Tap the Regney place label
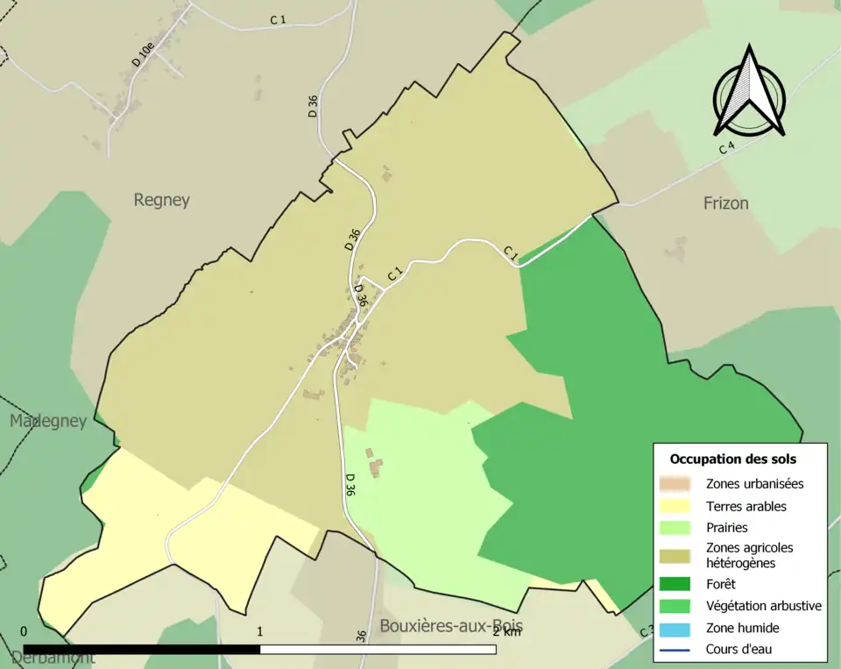click(x=161, y=200)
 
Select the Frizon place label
click(x=725, y=203)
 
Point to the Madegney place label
click(x=48, y=422)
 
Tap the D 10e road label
click(x=143, y=52)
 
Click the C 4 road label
click(x=726, y=147)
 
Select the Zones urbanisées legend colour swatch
click(x=676, y=483)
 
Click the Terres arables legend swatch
click(x=676, y=506)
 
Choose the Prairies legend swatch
click(x=676, y=528)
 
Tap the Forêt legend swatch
click(x=676, y=583)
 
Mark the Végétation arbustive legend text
click(x=763, y=606)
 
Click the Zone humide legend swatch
click(x=676, y=628)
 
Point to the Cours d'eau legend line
click(x=676, y=650)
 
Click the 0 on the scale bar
click(x=24, y=631)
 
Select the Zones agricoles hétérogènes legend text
click(x=749, y=555)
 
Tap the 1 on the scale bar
click(x=260, y=631)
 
